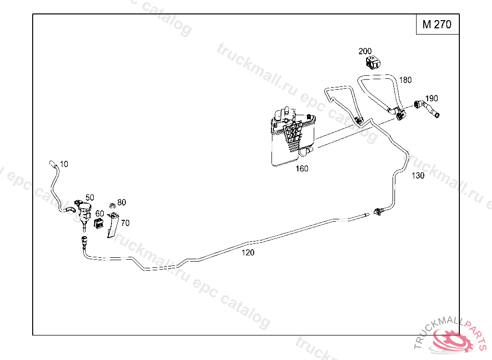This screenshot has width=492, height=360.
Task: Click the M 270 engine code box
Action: click(437, 24)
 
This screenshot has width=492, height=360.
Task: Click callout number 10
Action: click(64, 164)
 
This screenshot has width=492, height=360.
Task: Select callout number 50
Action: click(90, 197)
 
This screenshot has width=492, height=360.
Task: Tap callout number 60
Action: click(99, 213)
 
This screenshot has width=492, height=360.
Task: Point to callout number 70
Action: click(125, 223)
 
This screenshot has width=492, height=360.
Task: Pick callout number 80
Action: click(122, 203)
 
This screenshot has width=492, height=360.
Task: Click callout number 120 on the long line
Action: click(248, 252)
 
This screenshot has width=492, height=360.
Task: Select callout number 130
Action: click(418, 176)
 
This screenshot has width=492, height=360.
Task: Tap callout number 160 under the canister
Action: click(302, 168)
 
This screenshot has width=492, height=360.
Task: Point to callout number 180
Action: click(406, 80)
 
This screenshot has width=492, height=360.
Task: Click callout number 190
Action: click(431, 99)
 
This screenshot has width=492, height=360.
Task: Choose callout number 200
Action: click(365, 51)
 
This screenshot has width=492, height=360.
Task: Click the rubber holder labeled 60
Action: click(99, 224)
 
